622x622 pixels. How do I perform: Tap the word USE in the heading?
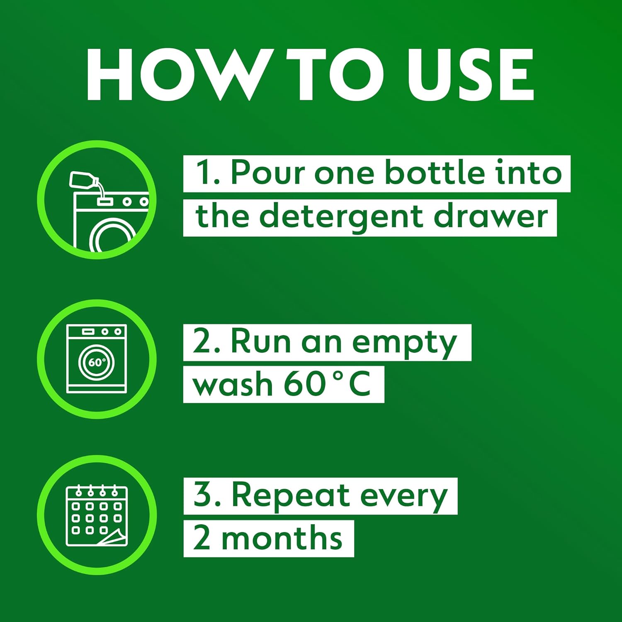tap(470, 75)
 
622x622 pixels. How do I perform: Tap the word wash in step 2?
tap(233, 384)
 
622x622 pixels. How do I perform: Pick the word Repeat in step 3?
tap(290, 496)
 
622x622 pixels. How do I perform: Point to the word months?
tap(282, 539)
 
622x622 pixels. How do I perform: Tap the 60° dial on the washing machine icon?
tap(97, 362)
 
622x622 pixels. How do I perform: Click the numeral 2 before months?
tap(202, 538)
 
